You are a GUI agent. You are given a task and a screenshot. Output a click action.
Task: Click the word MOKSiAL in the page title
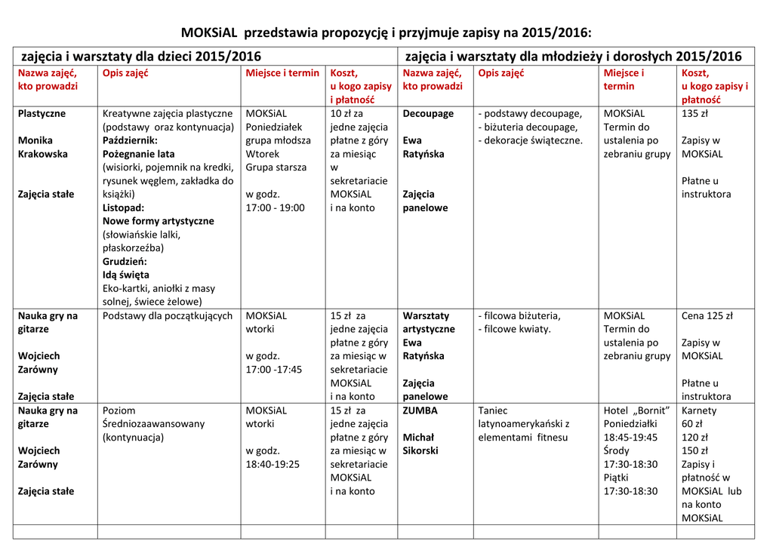click(209, 32)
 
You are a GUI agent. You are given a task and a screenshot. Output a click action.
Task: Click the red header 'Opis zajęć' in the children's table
click(125, 73)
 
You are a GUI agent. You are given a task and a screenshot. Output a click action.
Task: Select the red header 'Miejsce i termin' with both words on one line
click(282, 73)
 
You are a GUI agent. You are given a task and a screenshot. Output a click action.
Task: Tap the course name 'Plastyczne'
click(42, 114)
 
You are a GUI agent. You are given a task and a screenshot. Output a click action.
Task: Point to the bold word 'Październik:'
click(130, 140)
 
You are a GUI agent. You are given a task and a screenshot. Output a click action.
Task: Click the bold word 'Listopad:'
click(123, 207)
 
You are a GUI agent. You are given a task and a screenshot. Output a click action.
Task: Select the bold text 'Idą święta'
click(126, 275)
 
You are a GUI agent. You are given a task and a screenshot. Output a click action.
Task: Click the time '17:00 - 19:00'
click(275, 207)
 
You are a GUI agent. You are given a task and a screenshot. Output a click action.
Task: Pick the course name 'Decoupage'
click(428, 114)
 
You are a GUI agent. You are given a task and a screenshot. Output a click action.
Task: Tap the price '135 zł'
click(694, 114)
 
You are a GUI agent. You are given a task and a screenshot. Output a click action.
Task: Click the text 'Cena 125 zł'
click(707, 316)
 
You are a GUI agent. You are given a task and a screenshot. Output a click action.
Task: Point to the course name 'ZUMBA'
click(420, 411)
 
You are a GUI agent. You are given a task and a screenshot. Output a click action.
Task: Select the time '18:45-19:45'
click(630, 438)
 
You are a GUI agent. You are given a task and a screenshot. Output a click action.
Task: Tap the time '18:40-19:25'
click(273, 465)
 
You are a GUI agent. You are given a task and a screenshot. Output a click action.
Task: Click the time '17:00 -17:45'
click(273, 370)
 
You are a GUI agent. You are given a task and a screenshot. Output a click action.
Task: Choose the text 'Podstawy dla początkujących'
click(168, 316)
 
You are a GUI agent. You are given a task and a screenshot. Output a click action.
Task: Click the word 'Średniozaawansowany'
click(154, 424)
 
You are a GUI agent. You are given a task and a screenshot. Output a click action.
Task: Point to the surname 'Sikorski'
click(420, 451)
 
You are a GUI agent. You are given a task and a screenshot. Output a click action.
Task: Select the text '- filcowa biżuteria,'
click(519, 316)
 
